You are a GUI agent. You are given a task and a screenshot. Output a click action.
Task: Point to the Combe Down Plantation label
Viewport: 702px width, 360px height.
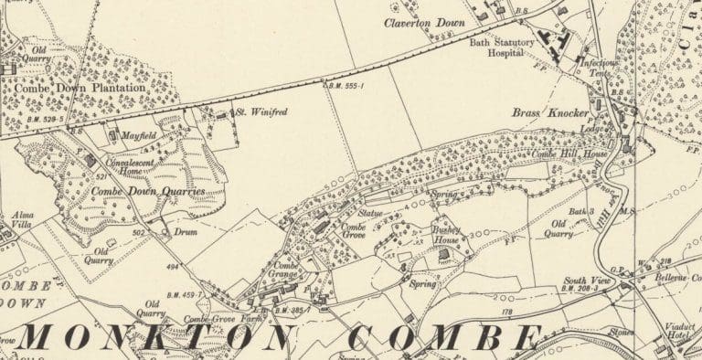(80, 87)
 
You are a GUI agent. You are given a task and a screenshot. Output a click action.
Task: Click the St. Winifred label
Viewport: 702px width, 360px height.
(261, 113)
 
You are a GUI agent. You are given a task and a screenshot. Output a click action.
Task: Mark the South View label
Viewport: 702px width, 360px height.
(587, 281)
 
